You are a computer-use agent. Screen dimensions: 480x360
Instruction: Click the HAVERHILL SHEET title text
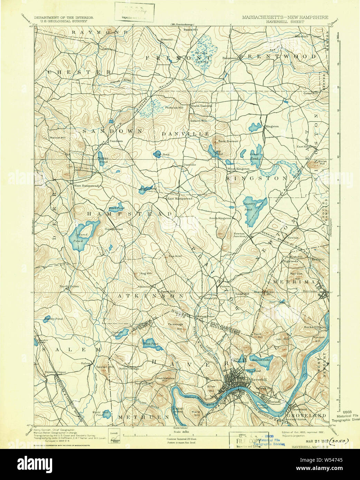[285, 21]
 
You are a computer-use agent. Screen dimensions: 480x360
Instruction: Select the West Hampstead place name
[86, 186]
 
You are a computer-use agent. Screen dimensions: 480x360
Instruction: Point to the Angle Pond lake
[148, 189]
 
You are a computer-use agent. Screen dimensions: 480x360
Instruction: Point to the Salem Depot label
[55, 372]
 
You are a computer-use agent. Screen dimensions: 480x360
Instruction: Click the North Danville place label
[202, 106]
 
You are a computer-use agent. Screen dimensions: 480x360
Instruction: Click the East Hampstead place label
[180, 199]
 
